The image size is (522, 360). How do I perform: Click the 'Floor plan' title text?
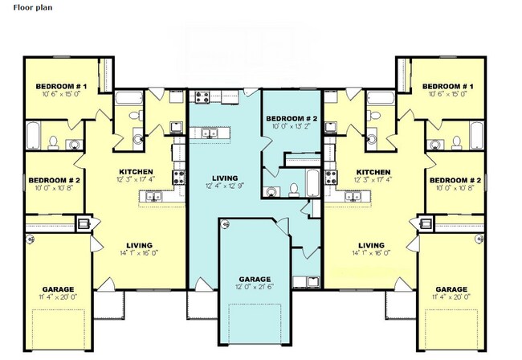[x=33, y=7]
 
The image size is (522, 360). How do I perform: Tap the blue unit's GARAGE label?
[x=255, y=279]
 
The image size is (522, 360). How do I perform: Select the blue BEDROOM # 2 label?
[x=292, y=119]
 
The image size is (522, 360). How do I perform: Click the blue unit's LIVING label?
[x=225, y=178]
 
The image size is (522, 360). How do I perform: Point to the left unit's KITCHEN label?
[x=137, y=172]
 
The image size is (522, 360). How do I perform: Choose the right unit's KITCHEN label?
[x=373, y=172]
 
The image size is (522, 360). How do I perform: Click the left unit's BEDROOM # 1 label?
[x=61, y=87]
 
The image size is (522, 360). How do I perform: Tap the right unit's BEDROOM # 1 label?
[x=448, y=87]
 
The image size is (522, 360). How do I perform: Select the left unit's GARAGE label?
[x=59, y=289]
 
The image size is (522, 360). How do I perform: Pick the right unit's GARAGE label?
[x=451, y=289]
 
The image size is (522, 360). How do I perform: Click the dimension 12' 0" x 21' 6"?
[x=255, y=287]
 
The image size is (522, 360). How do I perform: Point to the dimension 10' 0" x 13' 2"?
[x=292, y=126]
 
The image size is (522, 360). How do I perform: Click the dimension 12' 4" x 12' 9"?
[x=225, y=186]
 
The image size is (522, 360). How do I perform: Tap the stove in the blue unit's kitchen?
[x=202, y=96]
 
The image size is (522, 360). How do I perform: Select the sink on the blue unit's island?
[x=210, y=133]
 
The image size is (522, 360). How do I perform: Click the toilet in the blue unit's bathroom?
[x=294, y=190]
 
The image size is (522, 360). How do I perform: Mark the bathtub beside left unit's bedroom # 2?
[x=33, y=136]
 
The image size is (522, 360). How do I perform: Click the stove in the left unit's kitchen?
[x=178, y=177]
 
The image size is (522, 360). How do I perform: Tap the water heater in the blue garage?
[x=226, y=224]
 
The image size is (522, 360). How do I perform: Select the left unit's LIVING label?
[x=139, y=245]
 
